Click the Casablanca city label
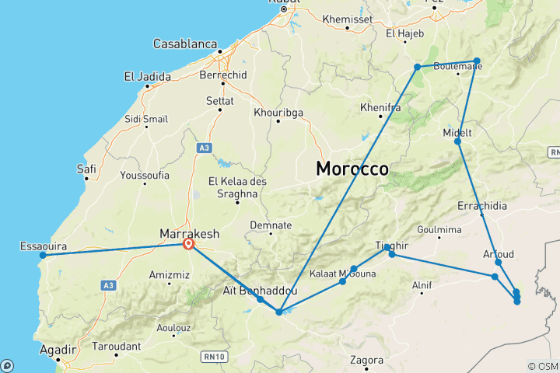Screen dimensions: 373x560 184,44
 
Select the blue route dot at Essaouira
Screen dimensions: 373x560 43,255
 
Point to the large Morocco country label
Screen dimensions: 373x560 352,169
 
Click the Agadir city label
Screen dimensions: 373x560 56,348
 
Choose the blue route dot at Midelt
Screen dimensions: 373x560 458,141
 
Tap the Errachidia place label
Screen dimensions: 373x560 482,206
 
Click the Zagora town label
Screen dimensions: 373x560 367,361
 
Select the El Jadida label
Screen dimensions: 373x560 145,76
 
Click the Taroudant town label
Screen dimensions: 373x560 115,347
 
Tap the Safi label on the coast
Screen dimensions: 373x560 86,168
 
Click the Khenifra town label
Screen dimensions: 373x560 380,107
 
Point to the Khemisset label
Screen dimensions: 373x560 347,18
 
